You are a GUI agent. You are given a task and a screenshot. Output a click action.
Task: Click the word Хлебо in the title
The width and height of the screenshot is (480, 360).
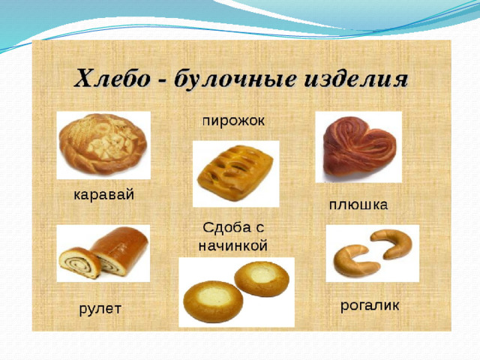tap(112, 79)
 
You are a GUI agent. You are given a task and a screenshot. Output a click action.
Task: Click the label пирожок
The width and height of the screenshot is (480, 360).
tap(233, 121)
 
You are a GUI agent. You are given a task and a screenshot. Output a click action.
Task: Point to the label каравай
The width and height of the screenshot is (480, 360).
tap(104, 195)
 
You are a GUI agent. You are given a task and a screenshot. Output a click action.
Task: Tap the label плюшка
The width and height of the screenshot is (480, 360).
tap(358, 205)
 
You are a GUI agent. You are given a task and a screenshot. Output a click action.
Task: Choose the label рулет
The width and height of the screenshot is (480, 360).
tap(100, 309)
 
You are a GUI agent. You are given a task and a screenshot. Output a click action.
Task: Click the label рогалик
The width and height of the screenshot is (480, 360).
tap(370, 305)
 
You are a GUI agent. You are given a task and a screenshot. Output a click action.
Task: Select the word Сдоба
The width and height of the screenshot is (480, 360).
tap(226, 228)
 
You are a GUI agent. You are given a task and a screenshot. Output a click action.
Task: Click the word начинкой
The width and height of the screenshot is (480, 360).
tap(233, 245)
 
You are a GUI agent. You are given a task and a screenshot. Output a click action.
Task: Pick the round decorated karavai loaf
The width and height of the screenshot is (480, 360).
tap(103, 143)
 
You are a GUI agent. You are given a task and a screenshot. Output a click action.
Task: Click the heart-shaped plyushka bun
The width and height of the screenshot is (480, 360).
tap(360, 147)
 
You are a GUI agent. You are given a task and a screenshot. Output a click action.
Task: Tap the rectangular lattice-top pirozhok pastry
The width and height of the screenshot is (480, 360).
tap(235, 172)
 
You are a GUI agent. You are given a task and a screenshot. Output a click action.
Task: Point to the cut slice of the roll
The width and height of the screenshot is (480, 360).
tap(80, 262)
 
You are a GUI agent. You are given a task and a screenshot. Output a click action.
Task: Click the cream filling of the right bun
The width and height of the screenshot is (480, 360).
tap(262, 276)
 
